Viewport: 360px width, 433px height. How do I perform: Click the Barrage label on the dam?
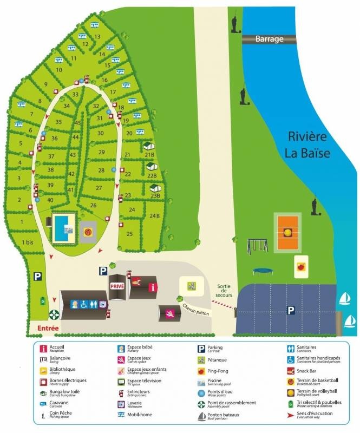point(269,39)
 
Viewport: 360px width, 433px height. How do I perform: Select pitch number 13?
point(97,37)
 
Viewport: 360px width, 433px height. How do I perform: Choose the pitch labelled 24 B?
point(154,216)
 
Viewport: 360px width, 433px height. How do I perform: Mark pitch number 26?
point(94,206)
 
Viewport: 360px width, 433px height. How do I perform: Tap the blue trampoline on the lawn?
point(261,271)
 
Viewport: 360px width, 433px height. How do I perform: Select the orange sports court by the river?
point(288,232)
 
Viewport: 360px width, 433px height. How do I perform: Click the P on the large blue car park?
point(291,310)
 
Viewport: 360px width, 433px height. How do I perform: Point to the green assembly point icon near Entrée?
point(54,313)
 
